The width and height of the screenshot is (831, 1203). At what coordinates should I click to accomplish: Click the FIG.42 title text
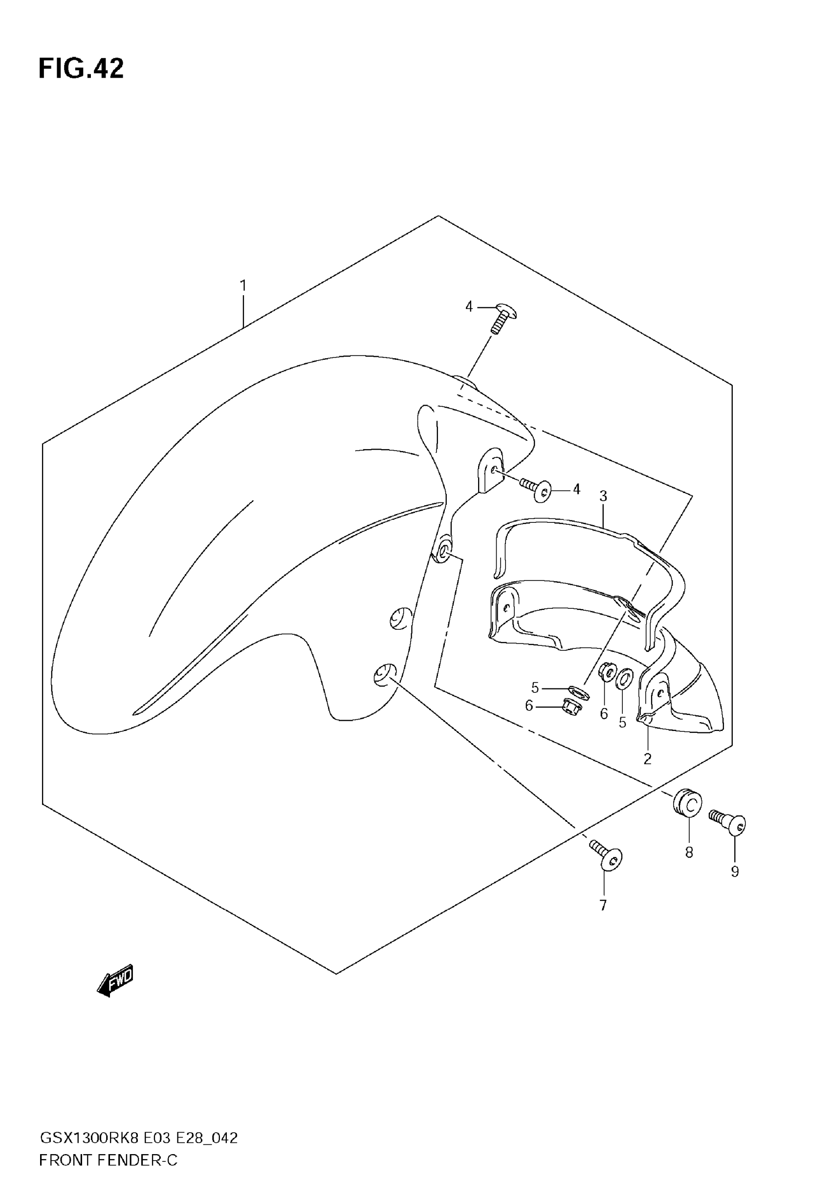click(x=81, y=69)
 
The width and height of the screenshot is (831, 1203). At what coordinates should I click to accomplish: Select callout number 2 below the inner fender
click(x=647, y=759)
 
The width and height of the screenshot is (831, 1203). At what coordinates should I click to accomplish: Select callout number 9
click(x=735, y=872)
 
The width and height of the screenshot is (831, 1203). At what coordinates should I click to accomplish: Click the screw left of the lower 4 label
click(x=536, y=489)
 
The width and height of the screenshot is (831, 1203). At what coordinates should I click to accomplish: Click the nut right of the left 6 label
click(x=572, y=707)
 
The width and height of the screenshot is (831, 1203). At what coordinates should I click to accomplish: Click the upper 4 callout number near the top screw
click(x=469, y=307)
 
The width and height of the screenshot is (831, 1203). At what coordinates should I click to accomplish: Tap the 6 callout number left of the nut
click(x=529, y=706)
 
